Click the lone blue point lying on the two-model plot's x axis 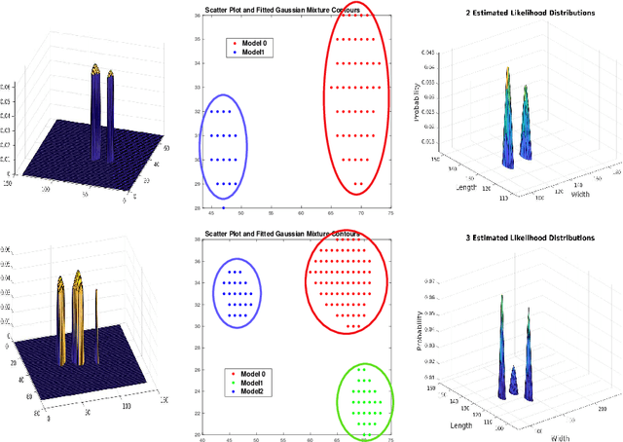[224, 207]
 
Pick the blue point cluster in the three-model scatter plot [234, 293]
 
